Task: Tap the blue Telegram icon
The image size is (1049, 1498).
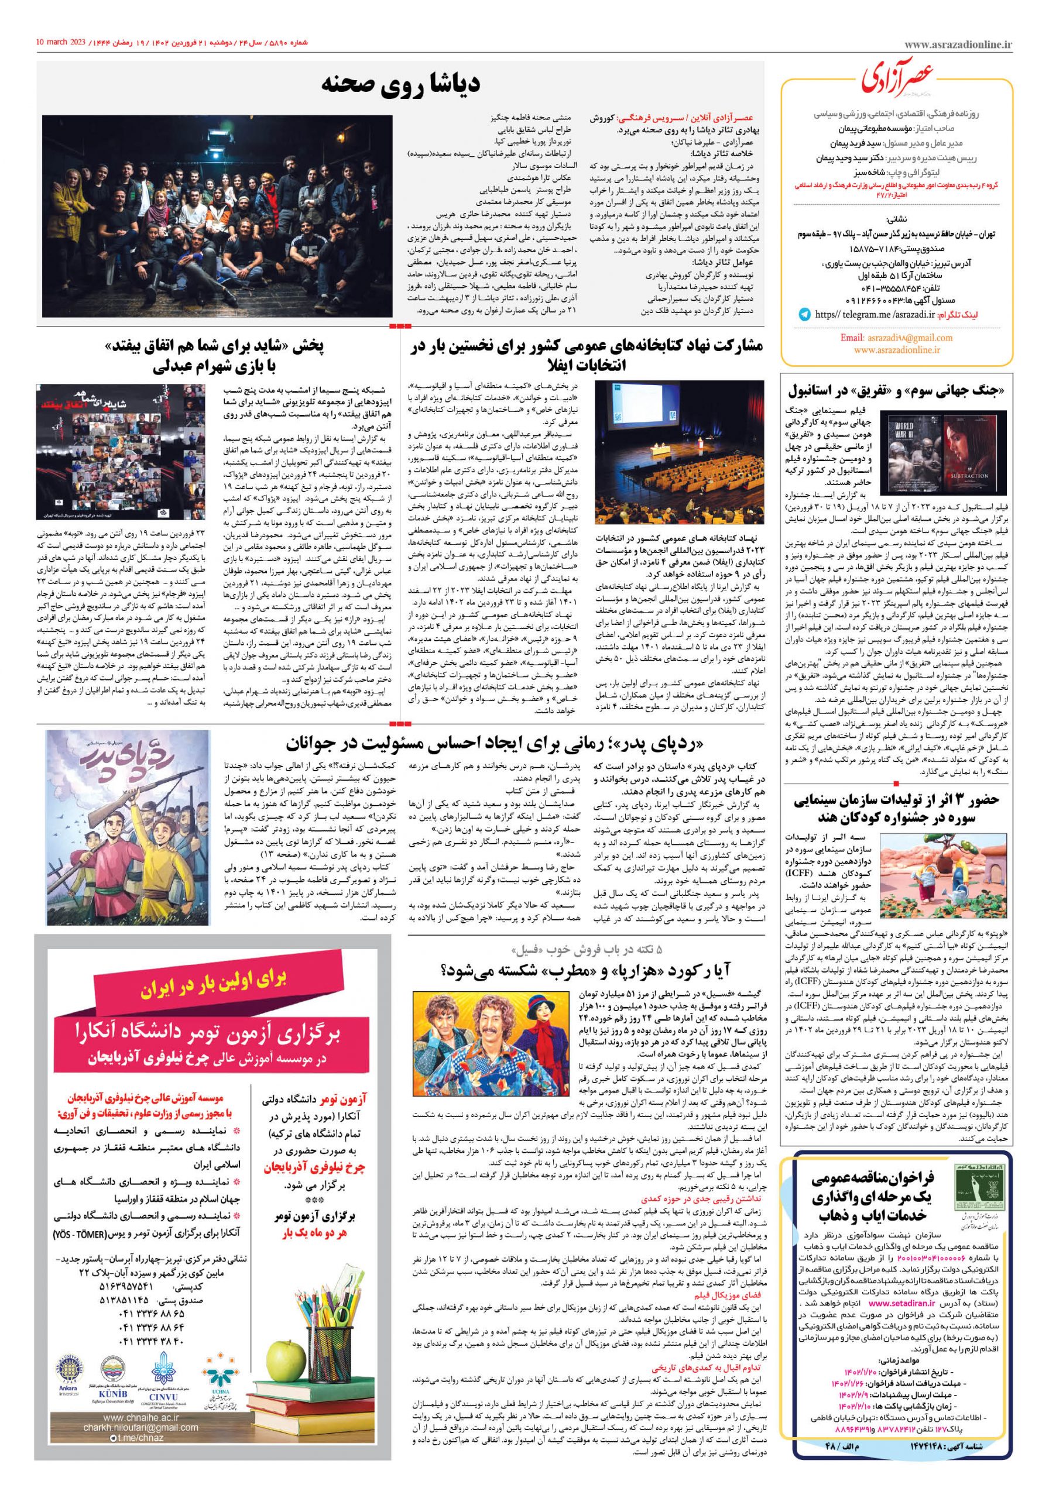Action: tap(804, 314)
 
